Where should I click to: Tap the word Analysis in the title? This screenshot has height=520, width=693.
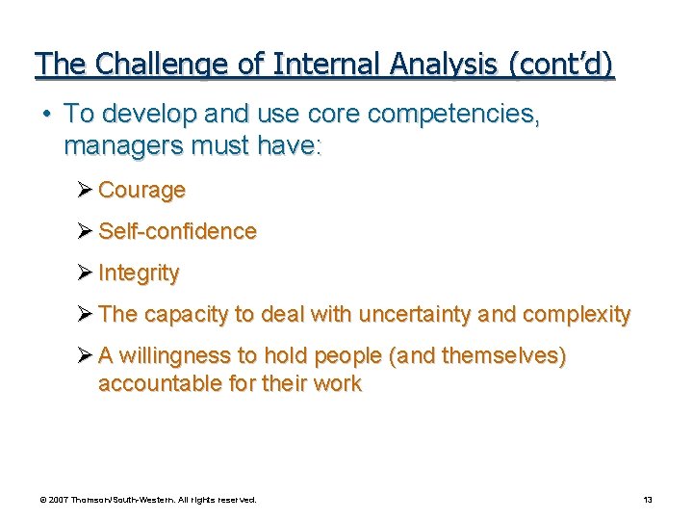click(x=439, y=65)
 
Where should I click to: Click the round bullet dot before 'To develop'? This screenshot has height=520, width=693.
click(x=47, y=115)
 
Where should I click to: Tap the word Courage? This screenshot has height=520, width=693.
click(x=141, y=191)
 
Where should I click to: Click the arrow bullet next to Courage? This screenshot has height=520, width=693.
click(x=85, y=191)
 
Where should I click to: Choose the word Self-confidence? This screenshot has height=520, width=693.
click(x=177, y=232)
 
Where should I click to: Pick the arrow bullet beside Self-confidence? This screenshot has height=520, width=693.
click(x=85, y=232)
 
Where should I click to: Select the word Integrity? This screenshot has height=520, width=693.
click(x=139, y=273)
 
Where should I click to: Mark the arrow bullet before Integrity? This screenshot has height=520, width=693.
click(x=85, y=273)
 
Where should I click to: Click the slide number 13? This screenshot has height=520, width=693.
click(x=648, y=500)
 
